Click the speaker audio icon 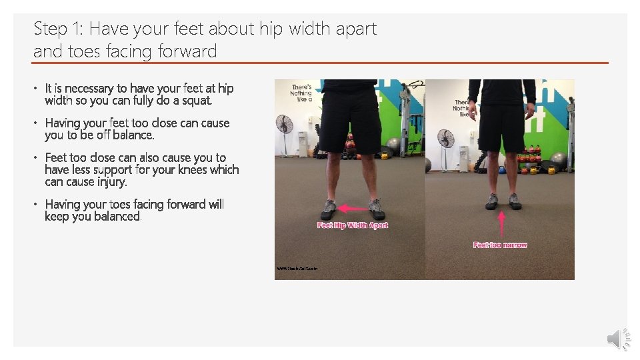618,339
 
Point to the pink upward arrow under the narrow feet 501,223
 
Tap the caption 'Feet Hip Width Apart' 353,225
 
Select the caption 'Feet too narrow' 500,245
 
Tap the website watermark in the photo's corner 297,269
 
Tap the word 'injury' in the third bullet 111,182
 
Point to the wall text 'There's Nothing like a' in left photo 302,93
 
